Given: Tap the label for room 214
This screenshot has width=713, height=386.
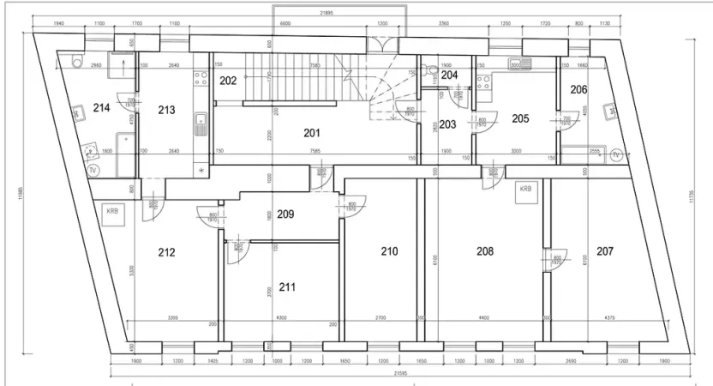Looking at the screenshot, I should click(x=101, y=108).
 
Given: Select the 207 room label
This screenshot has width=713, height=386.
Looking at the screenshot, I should click(x=605, y=251).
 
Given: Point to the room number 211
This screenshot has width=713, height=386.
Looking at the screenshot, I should click(x=287, y=286).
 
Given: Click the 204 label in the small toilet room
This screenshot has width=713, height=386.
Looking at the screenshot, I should click(x=449, y=75).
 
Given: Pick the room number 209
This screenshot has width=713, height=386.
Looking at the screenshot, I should click(x=285, y=214).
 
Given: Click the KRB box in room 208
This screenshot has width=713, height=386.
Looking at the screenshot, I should click(x=524, y=189).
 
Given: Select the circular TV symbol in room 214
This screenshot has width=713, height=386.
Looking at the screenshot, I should click(x=93, y=170).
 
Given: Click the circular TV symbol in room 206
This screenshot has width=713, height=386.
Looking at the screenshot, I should click(x=615, y=154).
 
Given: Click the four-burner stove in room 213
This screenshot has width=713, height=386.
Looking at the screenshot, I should click(x=200, y=78).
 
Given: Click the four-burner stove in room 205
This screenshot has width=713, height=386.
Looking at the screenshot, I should click(x=485, y=83).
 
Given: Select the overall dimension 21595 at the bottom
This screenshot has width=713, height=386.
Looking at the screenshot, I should click(x=401, y=373).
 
